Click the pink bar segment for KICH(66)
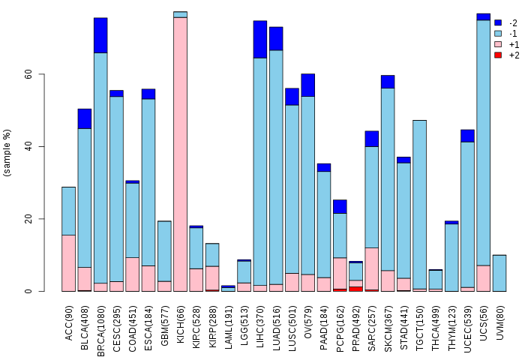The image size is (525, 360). point(180,154)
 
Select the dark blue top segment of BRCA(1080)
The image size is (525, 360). point(100,35)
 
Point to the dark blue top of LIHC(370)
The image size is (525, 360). point(259,39)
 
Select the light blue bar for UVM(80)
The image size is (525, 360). point(499,273)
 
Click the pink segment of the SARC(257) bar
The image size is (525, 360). point(372,268)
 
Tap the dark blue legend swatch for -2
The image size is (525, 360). point(498,22)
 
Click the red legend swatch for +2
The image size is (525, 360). point(498,55)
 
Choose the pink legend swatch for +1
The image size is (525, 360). point(498,44)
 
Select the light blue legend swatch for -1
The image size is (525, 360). point(498,34)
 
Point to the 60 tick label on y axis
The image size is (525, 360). point(28,74)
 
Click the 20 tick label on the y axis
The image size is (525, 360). point(28,219)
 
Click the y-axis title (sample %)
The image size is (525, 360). point(8,153)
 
